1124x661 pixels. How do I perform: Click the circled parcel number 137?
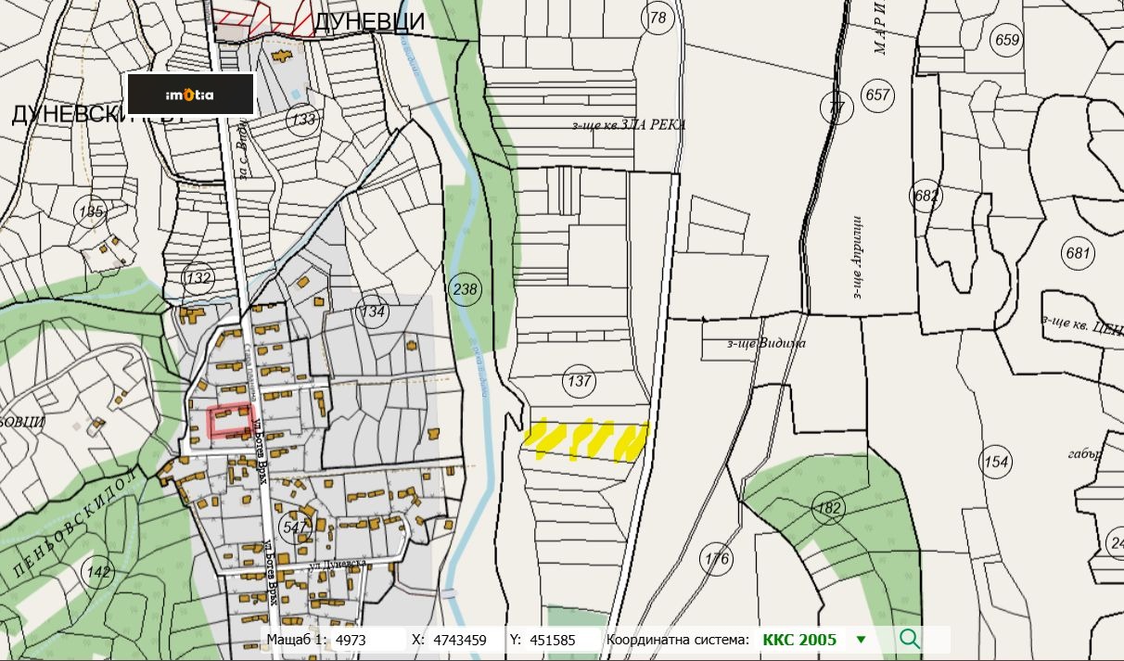(580, 381)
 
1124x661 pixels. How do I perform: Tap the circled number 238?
(465, 289)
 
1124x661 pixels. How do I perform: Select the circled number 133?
(302, 120)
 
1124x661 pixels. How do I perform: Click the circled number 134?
(373, 312)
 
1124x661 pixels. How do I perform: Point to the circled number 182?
(828, 507)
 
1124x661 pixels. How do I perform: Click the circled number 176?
(717, 559)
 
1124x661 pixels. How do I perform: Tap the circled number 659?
(1006, 40)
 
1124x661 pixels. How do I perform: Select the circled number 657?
(876, 95)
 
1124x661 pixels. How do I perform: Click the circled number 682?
(926, 196)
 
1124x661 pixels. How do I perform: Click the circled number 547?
(295, 528)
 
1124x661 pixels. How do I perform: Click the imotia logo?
(190, 95)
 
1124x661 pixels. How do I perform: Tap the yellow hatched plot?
(585, 439)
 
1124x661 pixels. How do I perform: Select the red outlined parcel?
(230, 421)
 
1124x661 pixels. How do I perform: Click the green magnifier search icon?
(910, 639)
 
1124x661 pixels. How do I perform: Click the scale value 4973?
(351, 640)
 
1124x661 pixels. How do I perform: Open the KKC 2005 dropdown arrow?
(861, 640)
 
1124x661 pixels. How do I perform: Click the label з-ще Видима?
(766, 343)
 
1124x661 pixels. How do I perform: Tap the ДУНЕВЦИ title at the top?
(369, 22)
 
